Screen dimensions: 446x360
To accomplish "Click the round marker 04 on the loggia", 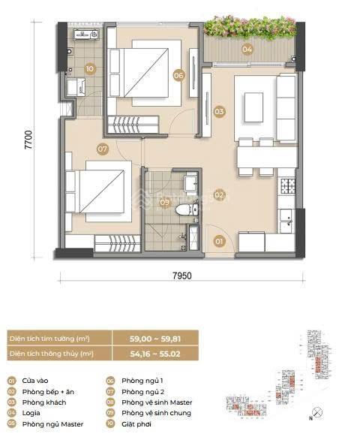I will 246,50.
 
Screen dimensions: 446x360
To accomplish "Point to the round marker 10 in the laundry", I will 89,68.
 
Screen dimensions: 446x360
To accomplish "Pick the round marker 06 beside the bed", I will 178,75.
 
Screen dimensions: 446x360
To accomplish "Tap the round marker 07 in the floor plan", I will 103,149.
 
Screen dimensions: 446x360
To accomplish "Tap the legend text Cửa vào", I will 37,381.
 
